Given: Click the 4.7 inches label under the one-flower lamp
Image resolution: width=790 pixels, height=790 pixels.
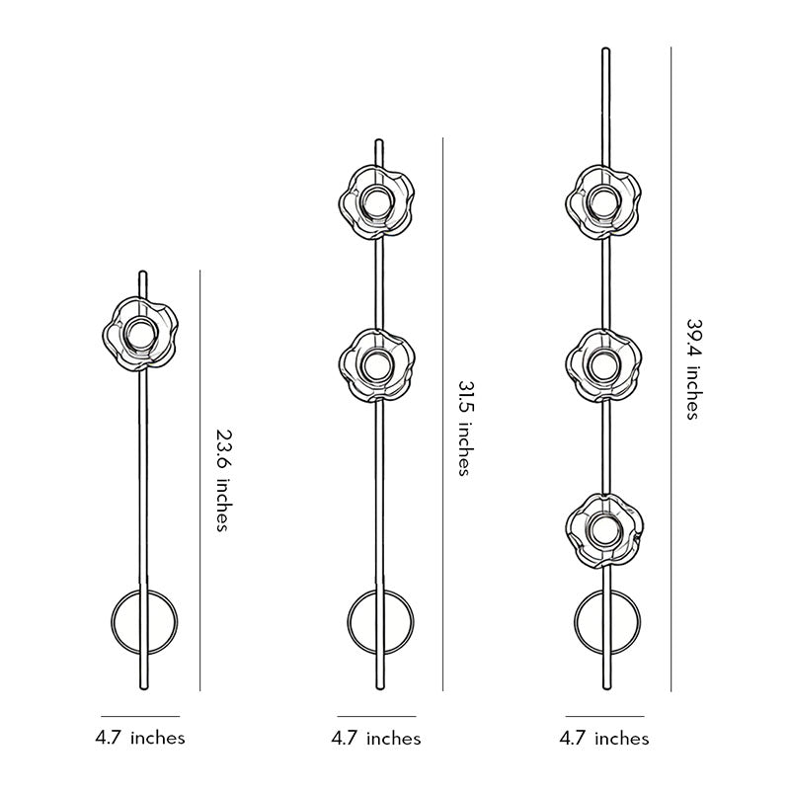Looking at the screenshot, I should (x=140, y=737).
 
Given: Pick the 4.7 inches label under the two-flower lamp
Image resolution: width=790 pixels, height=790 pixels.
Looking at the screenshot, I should (x=376, y=738).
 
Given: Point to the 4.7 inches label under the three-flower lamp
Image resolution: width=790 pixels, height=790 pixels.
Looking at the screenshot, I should (x=604, y=738).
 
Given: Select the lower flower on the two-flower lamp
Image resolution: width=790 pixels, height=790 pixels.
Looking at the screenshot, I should (x=376, y=365).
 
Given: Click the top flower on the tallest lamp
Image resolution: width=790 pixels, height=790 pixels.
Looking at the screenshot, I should (x=604, y=202).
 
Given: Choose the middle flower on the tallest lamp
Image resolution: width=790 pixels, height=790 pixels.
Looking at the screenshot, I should (x=604, y=365).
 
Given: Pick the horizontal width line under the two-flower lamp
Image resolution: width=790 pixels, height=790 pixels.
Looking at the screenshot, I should (x=376, y=716).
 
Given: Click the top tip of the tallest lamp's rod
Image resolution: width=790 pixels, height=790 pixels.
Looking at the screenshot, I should (x=604, y=49).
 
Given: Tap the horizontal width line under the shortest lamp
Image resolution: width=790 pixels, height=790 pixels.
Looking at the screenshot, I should (x=140, y=716).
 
